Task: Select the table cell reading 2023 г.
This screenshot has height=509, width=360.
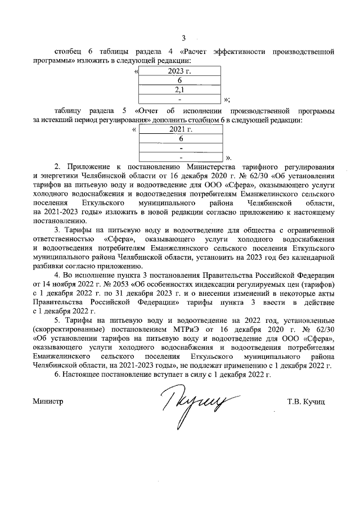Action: point(179,71)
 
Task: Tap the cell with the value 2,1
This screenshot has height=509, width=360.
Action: point(179,90)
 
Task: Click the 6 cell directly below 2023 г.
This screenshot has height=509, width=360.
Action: point(179,80)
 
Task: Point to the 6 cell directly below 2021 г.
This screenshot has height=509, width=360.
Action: point(181,139)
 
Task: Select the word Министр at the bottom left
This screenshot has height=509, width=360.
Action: point(48,402)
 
